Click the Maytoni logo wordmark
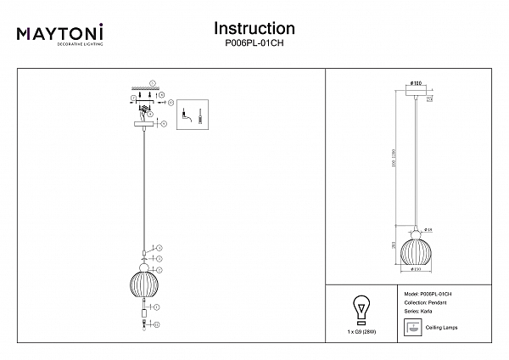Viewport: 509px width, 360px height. click(60, 34)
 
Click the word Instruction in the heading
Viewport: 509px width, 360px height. click(255, 29)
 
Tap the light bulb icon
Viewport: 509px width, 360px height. click(361, 308)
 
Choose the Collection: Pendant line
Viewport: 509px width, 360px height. click(421, 301)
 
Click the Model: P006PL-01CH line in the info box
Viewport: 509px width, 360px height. click(428, 292)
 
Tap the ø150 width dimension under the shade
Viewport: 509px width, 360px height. click(417, 270)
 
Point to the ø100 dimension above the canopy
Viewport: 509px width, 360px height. click(417, 82)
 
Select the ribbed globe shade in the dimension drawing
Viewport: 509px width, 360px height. click(417, 249)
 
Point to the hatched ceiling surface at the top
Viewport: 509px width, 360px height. click(143, 88)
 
